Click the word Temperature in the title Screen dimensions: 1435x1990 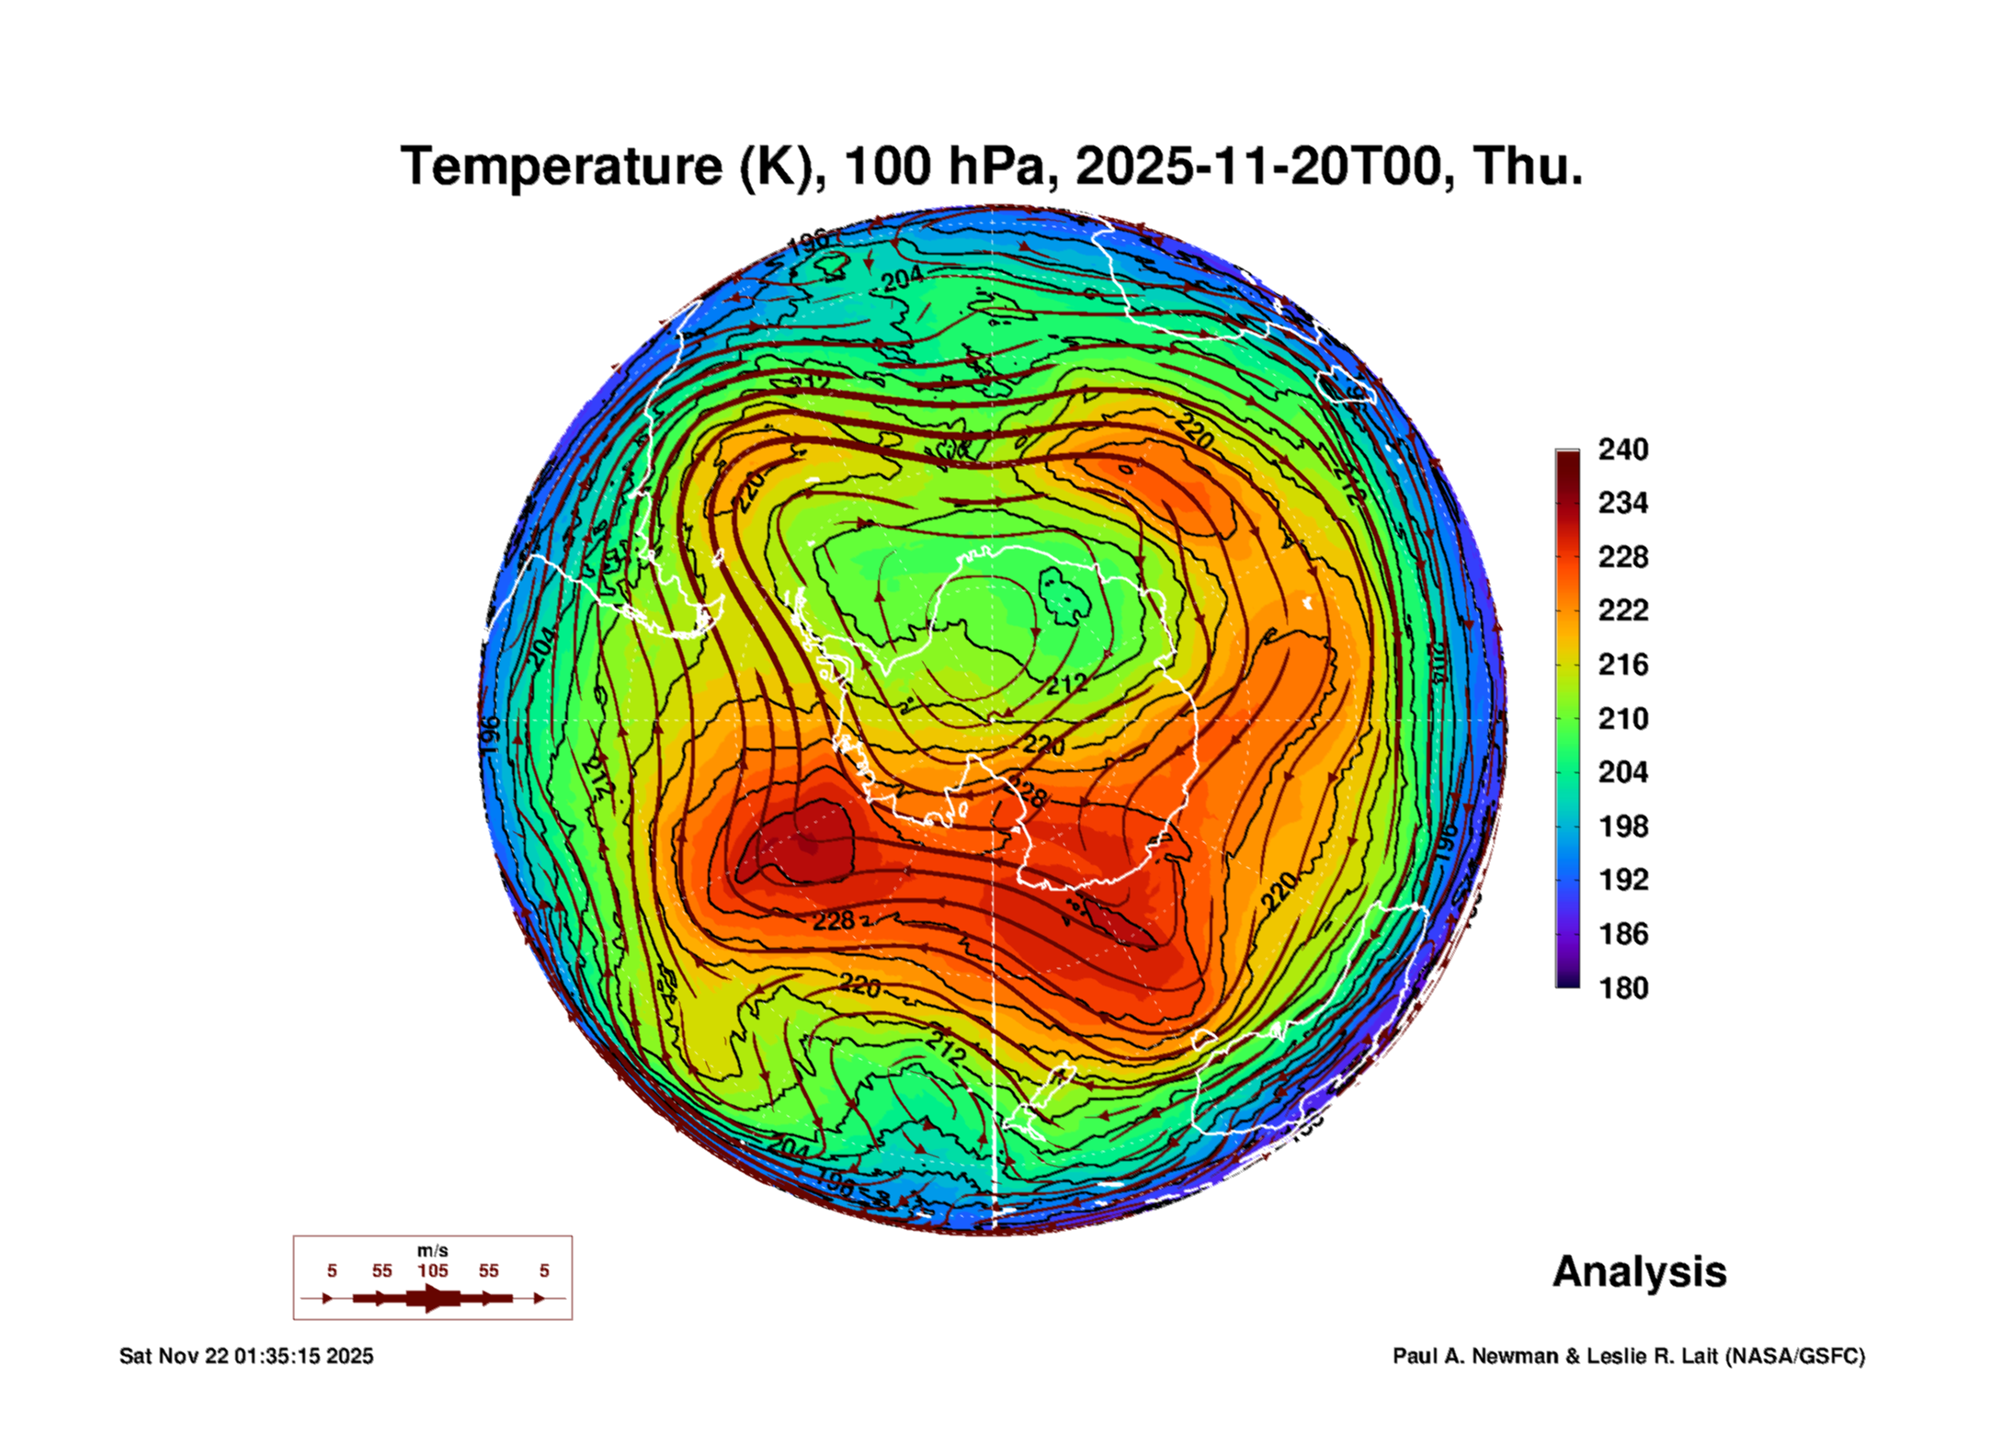pos(561,166)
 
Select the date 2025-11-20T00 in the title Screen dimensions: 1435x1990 pos(1258,166)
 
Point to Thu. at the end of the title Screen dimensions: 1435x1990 pos(1528,166)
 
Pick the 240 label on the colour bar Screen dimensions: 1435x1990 pos(1622,450)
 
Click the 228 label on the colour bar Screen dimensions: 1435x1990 pos(1622,557)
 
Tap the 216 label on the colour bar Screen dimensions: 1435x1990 pos(1622,665)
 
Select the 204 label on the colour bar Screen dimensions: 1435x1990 pos(1622,772)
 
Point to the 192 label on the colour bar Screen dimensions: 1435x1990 pos(1622,880)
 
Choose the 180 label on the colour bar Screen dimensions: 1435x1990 pos(1622,988)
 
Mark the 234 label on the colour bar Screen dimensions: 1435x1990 pos(1622,503)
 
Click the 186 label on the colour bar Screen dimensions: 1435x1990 pos(1622,934)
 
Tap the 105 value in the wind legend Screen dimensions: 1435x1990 pos(433,1271)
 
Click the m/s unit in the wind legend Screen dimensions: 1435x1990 pos(433,1250)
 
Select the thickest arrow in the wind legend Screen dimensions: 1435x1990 pos(433,1298)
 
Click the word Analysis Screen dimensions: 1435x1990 pos(1640,1271)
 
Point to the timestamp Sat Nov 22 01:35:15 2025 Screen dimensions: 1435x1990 pos(246,1356)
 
